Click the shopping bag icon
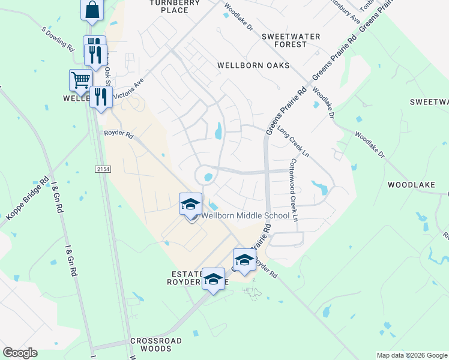[x=92, y=10]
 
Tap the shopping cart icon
[x=80, y=80]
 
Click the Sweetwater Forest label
[x=290, y=40]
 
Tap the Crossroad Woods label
[x=156, y=344]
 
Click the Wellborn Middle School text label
[x=245, y=215]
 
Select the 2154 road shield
[x=103, y=170]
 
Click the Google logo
[x=20, y=353]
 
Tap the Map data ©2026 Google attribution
[x=412, y=355]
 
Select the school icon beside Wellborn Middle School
[x=190, y=205]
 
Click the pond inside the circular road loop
[x=208, y=178]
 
